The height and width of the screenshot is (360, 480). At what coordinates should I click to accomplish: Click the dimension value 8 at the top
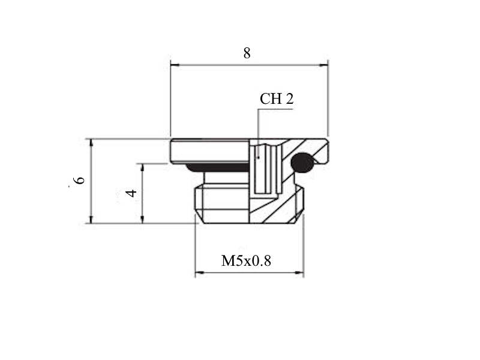[247, 53]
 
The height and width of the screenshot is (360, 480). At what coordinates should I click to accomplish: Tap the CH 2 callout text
[277, 98]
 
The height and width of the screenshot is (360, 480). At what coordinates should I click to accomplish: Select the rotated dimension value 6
[80, 180]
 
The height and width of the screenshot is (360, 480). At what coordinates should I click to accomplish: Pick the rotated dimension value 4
[131, 193]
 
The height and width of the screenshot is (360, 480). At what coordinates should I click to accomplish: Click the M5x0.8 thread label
[246, 261]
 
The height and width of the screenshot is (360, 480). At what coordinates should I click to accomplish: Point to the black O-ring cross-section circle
[302, 163]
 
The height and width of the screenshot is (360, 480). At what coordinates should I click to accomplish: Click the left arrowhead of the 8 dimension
[175, 65]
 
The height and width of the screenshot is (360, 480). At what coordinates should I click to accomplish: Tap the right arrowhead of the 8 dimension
[323, 65]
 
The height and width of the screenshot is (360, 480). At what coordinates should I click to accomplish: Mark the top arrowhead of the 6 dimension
[91, 143]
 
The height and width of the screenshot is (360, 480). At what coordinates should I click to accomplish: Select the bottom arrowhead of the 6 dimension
[91, 219]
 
